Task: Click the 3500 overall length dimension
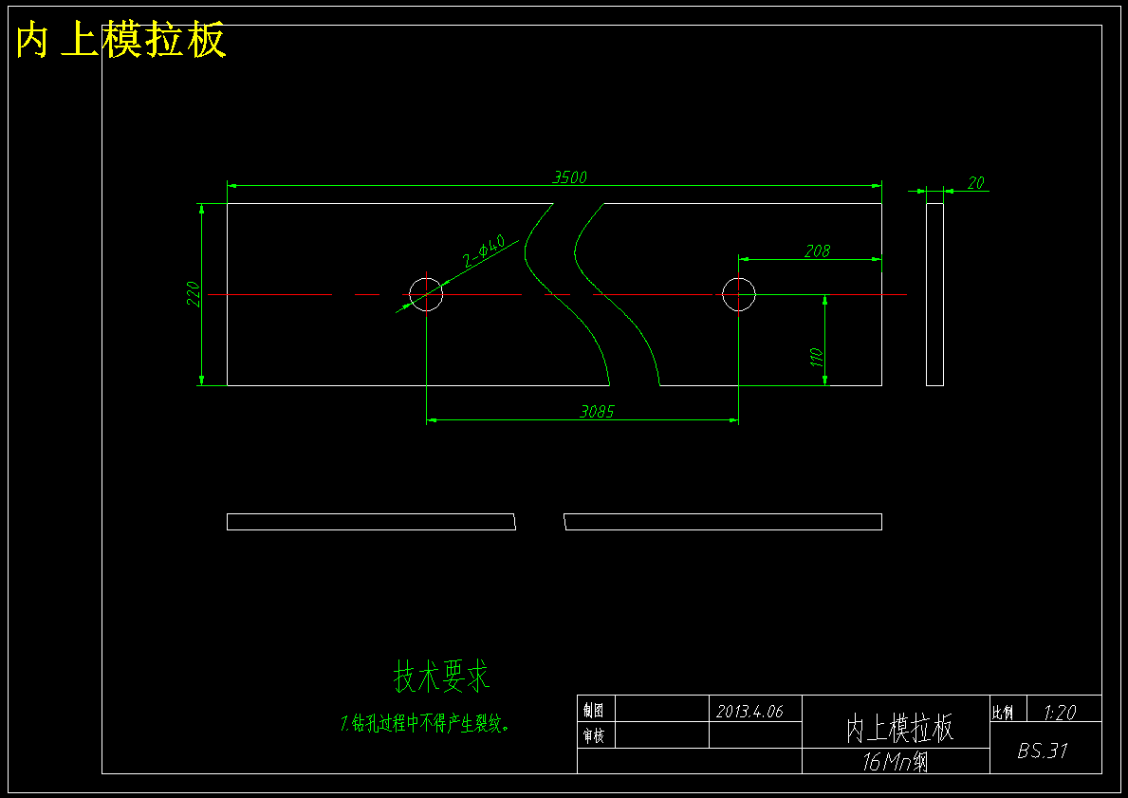(570, 177)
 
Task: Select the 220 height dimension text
(193, 294)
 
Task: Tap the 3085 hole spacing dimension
(597, 412)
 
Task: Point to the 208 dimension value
(817, 251)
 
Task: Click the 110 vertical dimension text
(817, 358)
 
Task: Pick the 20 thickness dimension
(975, 183)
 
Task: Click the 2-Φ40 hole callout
(484, 251)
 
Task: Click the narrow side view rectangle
(927, 294)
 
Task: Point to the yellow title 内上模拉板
(120, 40)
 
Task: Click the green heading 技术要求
(442, 677)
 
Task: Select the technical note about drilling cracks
(426, 723)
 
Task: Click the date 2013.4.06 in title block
(749, 711)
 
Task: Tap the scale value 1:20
(1060, 713)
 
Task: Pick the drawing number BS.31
(1043, 751)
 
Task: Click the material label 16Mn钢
(895, 762)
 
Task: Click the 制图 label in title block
(594, 711)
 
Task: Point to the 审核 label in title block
(594, 736)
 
